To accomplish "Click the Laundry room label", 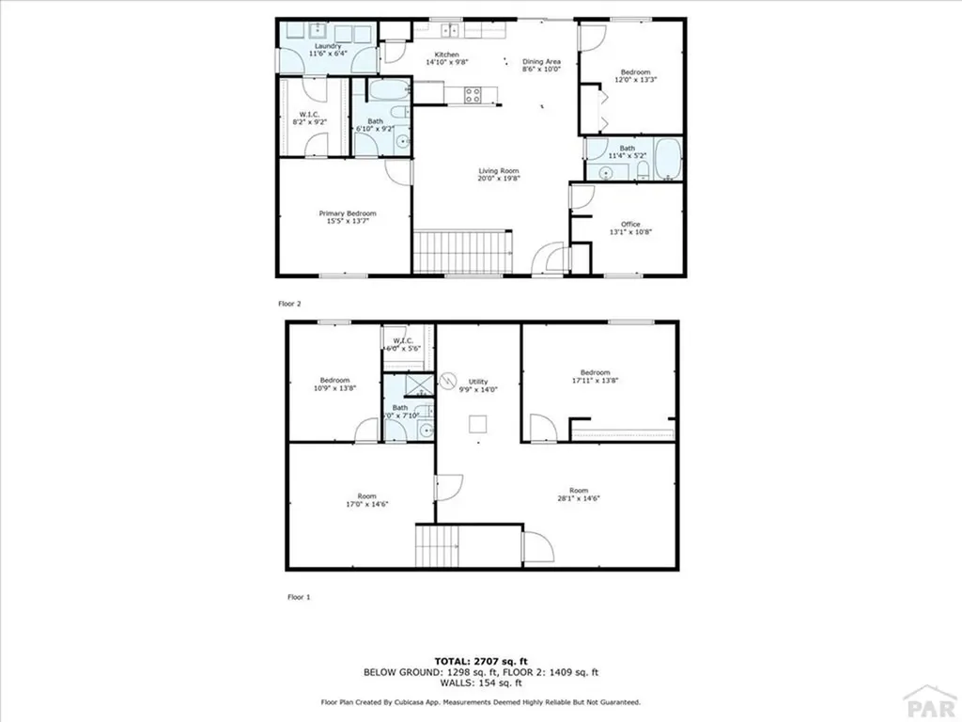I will [327, 46].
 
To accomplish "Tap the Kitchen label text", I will [447, 55].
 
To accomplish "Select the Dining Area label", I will [541, 62].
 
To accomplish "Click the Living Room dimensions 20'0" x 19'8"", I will [499, 178].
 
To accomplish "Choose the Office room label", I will [630, 224].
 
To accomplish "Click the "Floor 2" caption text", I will [290, 304].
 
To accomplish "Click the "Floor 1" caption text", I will [297, 596].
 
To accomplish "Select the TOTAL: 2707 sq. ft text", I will [481, 660].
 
